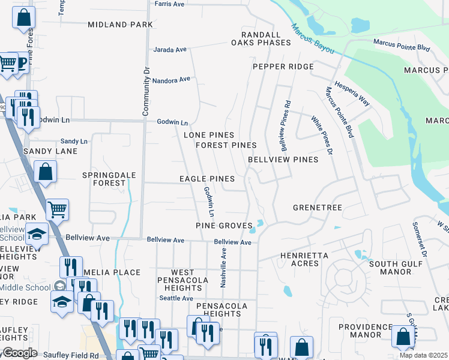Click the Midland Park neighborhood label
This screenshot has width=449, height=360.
[120, 25]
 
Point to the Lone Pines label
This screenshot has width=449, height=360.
[208, 136]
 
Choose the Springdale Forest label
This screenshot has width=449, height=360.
[109, 179]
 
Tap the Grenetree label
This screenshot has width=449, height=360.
[317, 208]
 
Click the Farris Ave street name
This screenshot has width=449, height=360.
[169, 4]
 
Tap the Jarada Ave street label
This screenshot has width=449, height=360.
[171, 50]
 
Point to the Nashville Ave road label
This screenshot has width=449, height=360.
[223, 269]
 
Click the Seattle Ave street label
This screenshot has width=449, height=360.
[176, 298]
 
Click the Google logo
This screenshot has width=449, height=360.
[20, 353]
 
